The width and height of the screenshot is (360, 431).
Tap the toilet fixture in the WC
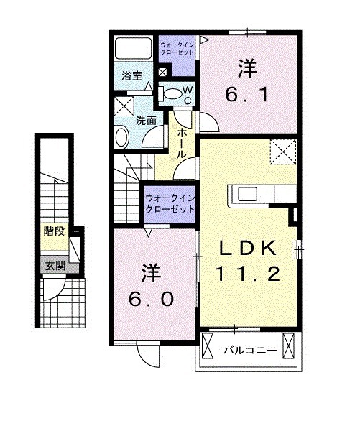pyautogui.click(x=170, y=92)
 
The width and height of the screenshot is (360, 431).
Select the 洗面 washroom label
pyautogui.click(x=147, y=120)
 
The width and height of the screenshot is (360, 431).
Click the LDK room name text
pyautogui.click(x=248, y=248)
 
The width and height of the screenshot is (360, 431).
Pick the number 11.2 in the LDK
pyautogui.click(x=248, y=273)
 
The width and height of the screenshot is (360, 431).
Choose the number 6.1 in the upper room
pyautogui.click(x=247, y=95)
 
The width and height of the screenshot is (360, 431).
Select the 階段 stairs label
pyautogui.click(x=52, y=231)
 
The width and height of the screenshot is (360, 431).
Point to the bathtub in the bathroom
pyautogui.click(x=133, y=49)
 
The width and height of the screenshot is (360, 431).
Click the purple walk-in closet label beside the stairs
pyautogui.click(x=170, y=203)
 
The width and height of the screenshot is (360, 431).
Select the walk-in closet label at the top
pyautogui.click(x=176, y=47)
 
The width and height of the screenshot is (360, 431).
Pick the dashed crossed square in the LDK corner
pyautogui.click(x=282, y=151)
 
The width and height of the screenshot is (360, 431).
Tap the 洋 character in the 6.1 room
pyautogui.click(x=247, y=69)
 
